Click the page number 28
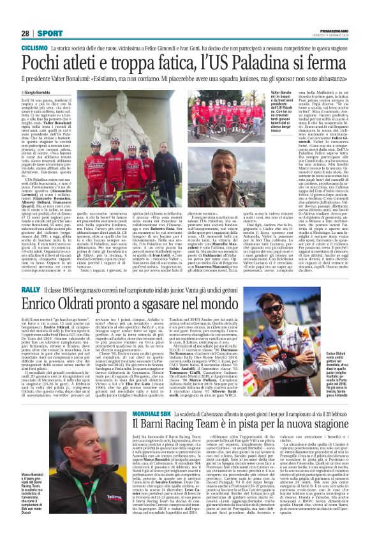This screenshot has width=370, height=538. point(26,33)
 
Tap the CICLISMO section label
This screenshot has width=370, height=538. point(34,48)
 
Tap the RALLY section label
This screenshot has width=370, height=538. point(30,289)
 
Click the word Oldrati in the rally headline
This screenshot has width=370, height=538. point(84,305)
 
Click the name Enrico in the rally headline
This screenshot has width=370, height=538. point(43,305)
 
